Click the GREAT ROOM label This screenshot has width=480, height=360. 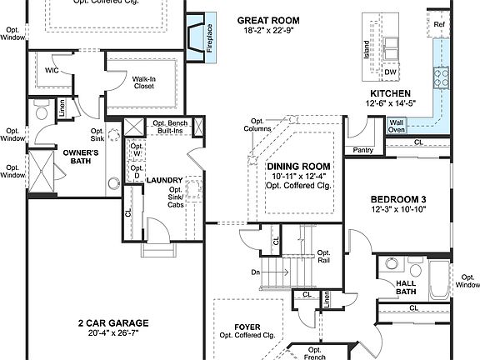tap(267, 20)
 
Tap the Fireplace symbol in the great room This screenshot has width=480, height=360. tap(197, 38)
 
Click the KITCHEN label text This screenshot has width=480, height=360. tap(391, 92)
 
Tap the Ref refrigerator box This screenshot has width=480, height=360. tap(440, 25)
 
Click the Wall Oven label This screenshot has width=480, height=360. tap(397, 126)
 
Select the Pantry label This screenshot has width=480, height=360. tap(362, 151)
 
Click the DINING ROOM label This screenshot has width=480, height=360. tap(297, 166)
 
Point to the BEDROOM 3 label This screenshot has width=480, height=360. tap(398, 199)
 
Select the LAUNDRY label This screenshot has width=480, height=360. tap(163, 180)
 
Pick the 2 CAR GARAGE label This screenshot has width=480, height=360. tap(112, 322)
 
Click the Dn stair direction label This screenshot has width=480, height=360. tap(255, 272)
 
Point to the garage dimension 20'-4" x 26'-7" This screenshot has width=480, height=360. tap(112, 334)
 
